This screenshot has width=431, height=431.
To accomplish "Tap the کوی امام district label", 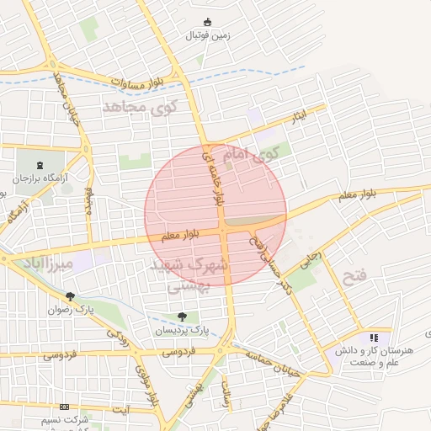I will pos(253,154).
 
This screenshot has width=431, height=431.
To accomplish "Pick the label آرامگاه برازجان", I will pos(44,178).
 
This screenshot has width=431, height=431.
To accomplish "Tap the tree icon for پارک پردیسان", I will pos(182,317).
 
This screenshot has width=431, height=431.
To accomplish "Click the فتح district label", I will pos(379,276).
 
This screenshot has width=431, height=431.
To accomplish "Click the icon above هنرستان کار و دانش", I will pos(374,338).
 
